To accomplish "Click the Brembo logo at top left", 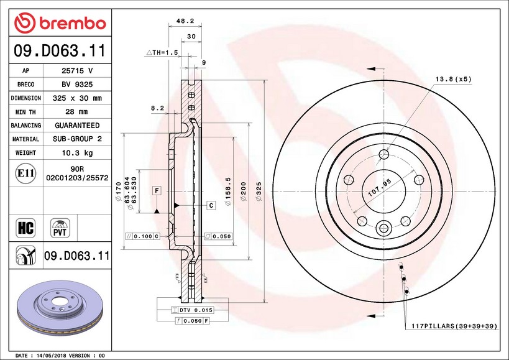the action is pos(60,23).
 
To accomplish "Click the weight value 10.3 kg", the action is pos(77,152).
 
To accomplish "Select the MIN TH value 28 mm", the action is pos(76,112).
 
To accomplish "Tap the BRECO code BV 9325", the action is pos(77,85).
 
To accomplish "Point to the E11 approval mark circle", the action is pos(25,173).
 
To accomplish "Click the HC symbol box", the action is pos(25,228).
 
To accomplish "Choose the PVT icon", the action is pos(60,228).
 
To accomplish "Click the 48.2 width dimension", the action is pos(185,21).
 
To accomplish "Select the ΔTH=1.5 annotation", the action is pos(162,52).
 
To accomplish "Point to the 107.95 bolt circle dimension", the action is pos(380,188).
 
